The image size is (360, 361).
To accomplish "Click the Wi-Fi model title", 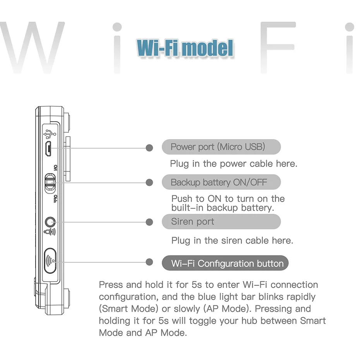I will [x=185, y=48].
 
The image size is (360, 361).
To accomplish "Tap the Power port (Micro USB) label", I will [x=218, y=147].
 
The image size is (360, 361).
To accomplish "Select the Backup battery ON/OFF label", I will [x=219, y=182].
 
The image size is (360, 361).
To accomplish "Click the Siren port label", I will [x=192, y=222].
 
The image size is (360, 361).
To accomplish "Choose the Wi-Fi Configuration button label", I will [x=227, y=264].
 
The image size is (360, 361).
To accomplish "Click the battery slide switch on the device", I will [x=49, y=182].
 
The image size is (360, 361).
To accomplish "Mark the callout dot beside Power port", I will [x=149, y=148].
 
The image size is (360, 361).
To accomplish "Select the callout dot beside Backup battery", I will [x=149, y=182].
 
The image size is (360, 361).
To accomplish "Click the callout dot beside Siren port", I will [x=149, y=222].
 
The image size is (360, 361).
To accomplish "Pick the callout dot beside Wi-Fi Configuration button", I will [x=149, y=263].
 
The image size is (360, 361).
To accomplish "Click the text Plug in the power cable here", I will [x=233, y=163].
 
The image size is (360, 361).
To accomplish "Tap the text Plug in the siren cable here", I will [x=232, y=241].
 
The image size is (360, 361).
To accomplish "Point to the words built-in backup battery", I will [x=223, y=208].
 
